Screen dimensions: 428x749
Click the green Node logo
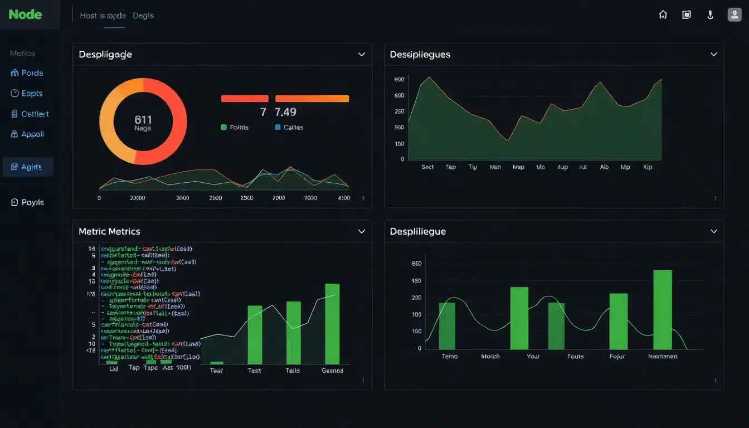25,14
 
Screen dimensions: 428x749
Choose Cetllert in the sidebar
30,114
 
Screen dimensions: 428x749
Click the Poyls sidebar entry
27,202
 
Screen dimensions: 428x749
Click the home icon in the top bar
663,15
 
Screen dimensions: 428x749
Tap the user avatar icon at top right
735,15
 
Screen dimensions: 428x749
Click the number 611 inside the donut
143,119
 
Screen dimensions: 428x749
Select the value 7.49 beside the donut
285,112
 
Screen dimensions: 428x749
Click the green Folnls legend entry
235,128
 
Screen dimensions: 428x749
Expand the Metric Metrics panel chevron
362,231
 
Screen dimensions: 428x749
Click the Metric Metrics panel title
109,231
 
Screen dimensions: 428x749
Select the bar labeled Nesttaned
663,309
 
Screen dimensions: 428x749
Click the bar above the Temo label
447,326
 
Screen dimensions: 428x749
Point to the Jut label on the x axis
583,167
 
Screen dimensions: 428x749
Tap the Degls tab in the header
143,16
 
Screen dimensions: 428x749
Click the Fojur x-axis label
617,356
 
